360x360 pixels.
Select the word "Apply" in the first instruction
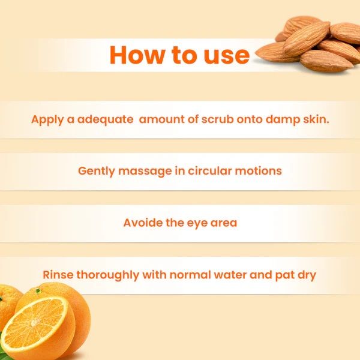pyautogui.click(x=47, y=120)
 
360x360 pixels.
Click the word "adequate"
pyautogui.click(x=105, y=119)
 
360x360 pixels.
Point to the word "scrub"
pyautogui.click(x=217, y=119)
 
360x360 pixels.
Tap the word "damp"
pyautogui.click(x=283, y=119)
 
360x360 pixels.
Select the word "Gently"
pyautogui.click(x=97, y=171)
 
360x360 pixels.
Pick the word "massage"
pyautogui.click(x=145, y=172)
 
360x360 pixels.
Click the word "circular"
pyautogui.click(x=209, y=171)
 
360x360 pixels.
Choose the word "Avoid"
pyautogui.click(x=143, y=223)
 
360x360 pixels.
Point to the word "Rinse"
pyautogui.click(x=58, y=275)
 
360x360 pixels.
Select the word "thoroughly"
pyautogui.click(x=107, y=275)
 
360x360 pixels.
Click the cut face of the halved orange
pyautogui.click(x=34, y=324)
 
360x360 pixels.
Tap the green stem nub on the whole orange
pyautogui.click(x=38, y=291)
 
